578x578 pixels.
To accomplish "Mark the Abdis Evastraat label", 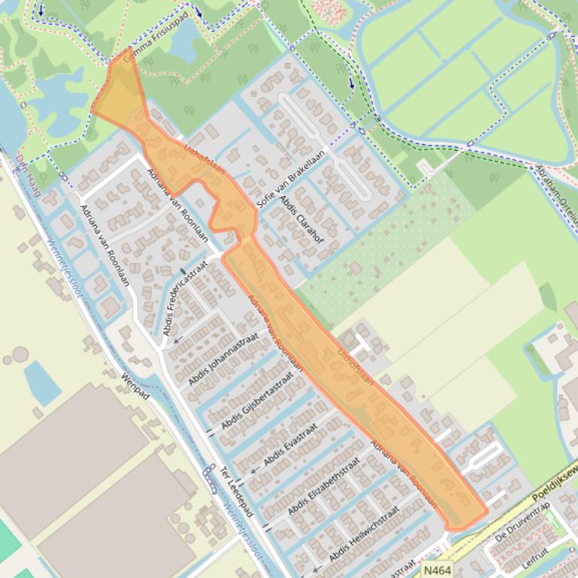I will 291,442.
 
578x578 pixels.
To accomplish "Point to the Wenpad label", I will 137,385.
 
